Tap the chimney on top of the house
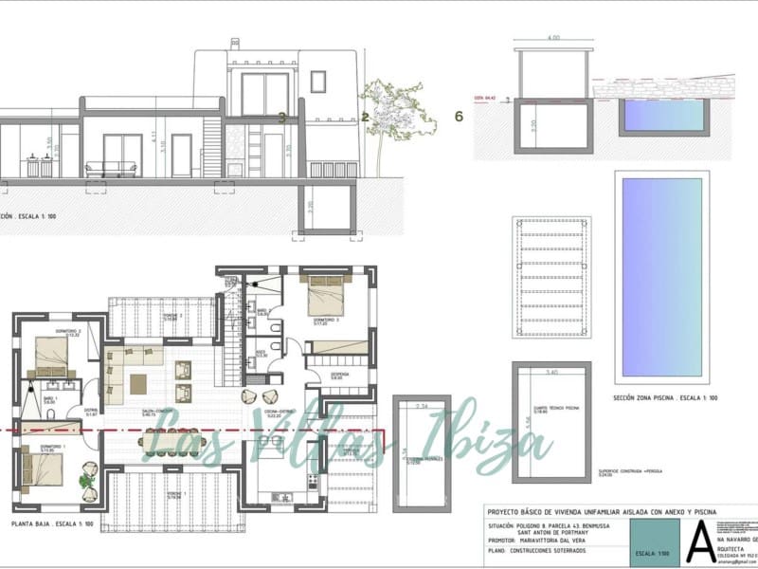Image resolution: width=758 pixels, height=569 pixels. (233, 45)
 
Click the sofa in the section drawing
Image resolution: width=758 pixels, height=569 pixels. (111, 170)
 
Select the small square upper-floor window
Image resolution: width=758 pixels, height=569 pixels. (317, 83)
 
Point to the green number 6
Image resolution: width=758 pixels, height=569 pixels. (459, 117)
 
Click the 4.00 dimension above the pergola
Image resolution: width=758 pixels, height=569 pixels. (553, 39)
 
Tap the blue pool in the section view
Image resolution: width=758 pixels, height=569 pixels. (663, 116)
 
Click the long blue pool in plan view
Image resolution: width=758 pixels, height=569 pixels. (662, 275)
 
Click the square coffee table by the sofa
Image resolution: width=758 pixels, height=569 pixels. (138, 383)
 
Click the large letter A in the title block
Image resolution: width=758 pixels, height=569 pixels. (700, 536)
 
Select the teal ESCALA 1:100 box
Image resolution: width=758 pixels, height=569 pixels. (656, 549)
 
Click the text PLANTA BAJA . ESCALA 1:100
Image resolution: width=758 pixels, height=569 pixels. (53, 523)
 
